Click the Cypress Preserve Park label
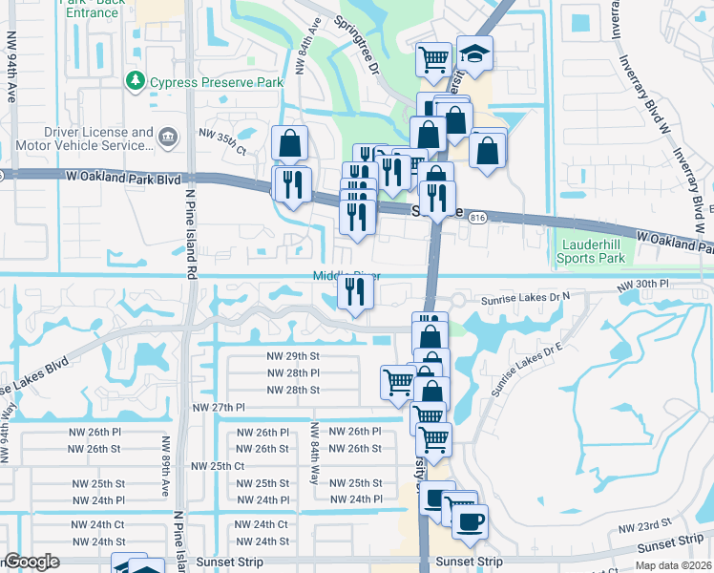(x=216, y=83)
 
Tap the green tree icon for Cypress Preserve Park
(x=136, y=81)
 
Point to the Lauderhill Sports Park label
(x=590, y=252)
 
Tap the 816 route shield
(x=478, y=219)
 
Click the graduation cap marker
(x=473, y=54)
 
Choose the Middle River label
(x=341, y=277)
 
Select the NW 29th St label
(x=292, y=355)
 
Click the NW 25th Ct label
(x=218, y=465)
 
